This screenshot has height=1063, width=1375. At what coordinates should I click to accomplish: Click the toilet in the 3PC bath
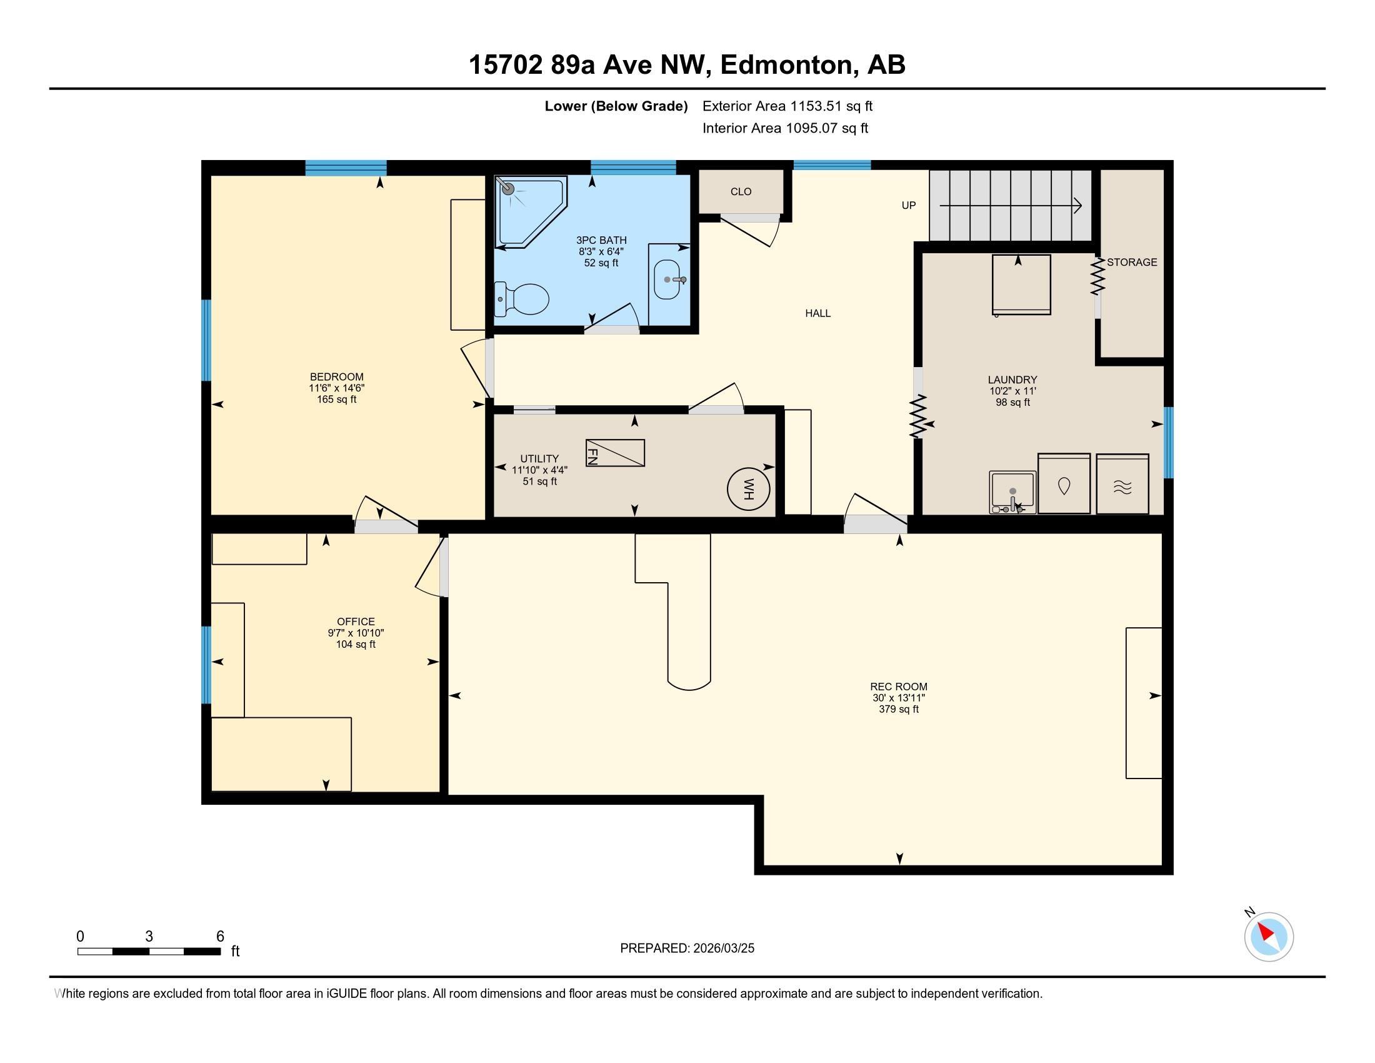[522, 299]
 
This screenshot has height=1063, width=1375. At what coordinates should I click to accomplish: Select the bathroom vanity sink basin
[667, 279]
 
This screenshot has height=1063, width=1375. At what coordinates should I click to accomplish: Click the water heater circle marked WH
[749, 489]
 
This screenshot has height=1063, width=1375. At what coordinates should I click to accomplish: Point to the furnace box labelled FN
[615, 453]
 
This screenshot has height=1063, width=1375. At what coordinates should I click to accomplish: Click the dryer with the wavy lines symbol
[1122, 483]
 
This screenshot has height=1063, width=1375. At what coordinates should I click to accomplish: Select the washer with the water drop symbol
[1064, 483]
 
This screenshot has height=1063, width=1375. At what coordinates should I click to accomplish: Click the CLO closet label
[741, 191]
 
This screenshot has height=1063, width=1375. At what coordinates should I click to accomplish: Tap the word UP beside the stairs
[909, 205]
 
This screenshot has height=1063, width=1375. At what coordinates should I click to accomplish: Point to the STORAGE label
[1132, 262]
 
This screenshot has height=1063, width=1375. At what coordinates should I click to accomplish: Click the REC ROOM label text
[898, 687]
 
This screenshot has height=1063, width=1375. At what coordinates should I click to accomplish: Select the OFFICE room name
[356, 622]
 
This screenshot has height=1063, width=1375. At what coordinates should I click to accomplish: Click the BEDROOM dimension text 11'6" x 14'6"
[337, 388]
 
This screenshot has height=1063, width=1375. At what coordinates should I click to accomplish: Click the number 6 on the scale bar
[221, 936]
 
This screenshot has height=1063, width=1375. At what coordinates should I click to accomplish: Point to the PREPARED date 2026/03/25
[722, 949]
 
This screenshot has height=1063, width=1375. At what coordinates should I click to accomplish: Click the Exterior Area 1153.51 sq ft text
[787, 106]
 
